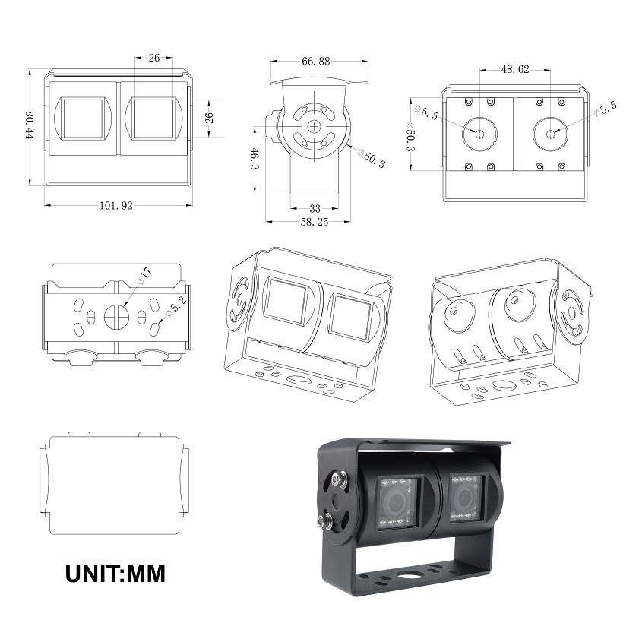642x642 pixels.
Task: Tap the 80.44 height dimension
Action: (x=30, y=126)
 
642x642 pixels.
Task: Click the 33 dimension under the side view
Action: (x=314, y=207)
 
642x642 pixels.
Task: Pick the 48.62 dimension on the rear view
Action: (x=514, y=68)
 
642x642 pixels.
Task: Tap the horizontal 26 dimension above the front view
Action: (x=154, y=57)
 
